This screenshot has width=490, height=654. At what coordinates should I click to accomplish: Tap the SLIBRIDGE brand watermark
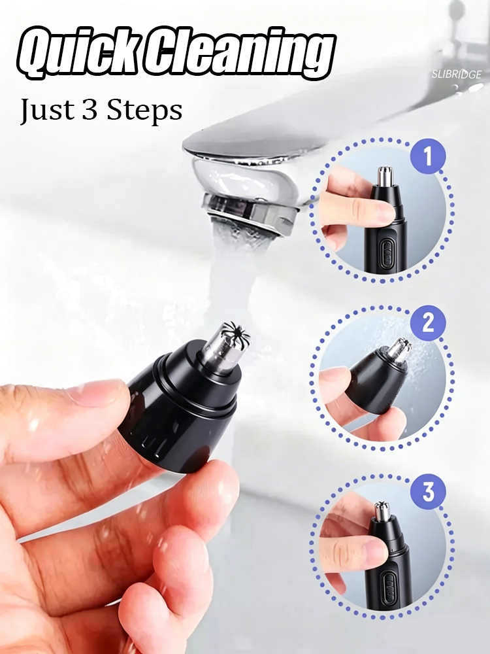pyautogui.click(x=456, y=75)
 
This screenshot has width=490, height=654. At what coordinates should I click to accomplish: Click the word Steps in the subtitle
pyautogui.click(x=144, y=111)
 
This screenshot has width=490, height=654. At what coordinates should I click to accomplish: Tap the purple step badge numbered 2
pyautogui.click(x=428, y=323)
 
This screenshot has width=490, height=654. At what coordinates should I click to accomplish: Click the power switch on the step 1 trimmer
pyautogui.click(x=386, y=251)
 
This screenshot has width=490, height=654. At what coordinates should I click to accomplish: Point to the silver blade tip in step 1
pyautogui.click(x=384, y=176)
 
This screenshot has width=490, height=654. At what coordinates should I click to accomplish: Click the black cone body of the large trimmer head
pyautogui.click(x=179, y=413)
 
